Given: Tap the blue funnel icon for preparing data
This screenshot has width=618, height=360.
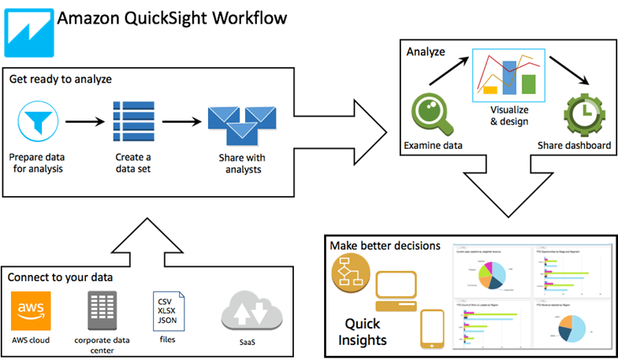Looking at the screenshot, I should tap(35, 122).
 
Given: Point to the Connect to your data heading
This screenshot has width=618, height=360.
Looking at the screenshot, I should tap(60, 277).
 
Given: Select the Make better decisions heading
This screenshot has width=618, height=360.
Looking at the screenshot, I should tap(385, 246).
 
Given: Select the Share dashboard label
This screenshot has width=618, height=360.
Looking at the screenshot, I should tap(574, 146).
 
